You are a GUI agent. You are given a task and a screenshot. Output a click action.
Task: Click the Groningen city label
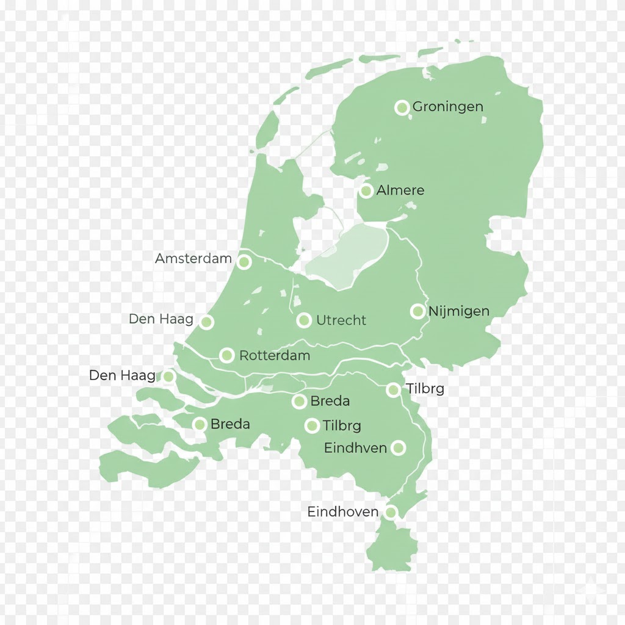pyautogui.click(x=447, y=107)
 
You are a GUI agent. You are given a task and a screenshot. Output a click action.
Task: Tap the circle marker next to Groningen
pyautogui.click(x=402, y=108)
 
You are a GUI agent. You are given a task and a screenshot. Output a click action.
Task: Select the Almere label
pyautogui.click(x=400, y=190)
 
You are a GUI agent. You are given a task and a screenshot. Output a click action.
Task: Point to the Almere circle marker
pyautogui.click(x=366, y=191)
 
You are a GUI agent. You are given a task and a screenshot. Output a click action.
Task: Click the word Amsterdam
pyautogui.click(x=193, y=258)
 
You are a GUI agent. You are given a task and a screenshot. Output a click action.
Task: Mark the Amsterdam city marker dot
pyautogui.click(x=244, y=262)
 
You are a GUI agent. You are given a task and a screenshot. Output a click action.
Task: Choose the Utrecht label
pyautogui.click(x=341, y=320)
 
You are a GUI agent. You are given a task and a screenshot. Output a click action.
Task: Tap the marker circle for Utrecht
pyautogui.click(x=304, y=320)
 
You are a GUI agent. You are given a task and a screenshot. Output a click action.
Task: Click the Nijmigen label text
pyautogui.click(x=458, y=311)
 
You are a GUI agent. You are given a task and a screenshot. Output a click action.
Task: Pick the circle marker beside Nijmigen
pyautogui.click(x=417, y=312)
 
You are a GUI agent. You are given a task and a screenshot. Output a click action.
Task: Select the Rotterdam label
pyautogui.click(x=275, y=355)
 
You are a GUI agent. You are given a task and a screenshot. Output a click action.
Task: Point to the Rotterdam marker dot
pyautogui.click(x=226, y=355)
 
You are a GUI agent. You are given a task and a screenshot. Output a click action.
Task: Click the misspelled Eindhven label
pyautogui.click(x=355, y=448)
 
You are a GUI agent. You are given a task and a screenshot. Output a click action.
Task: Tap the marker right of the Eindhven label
pyautogui.click(x=398, y=448)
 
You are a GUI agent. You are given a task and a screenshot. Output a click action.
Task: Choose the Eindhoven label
pyautogui.click(x=342, y=512)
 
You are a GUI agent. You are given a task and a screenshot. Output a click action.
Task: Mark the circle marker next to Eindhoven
pyautogui.click(x=391, y=512)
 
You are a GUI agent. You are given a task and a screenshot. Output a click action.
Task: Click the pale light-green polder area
pyautogui.click(x=348, y=256)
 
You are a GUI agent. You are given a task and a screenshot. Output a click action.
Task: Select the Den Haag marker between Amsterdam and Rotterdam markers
pyautogui.click(x=206, y=322)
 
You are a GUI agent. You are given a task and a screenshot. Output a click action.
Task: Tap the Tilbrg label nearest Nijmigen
pyautogui.click(x=425, y=389)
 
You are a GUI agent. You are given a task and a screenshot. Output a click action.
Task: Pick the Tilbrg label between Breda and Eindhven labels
pyautogui.click(x=342, y=425)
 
